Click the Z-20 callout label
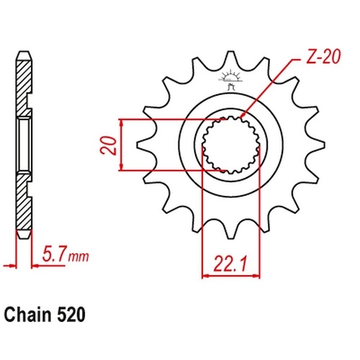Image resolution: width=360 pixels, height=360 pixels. coord(323,57)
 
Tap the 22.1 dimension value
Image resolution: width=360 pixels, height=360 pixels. coord(230,264)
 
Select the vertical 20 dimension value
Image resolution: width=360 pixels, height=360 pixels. coord(109,145)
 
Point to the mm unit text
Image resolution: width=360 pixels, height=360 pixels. coord(78,257)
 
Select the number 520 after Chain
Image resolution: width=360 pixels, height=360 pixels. coord(71,315)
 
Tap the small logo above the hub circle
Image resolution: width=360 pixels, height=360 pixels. coord(230,79)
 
